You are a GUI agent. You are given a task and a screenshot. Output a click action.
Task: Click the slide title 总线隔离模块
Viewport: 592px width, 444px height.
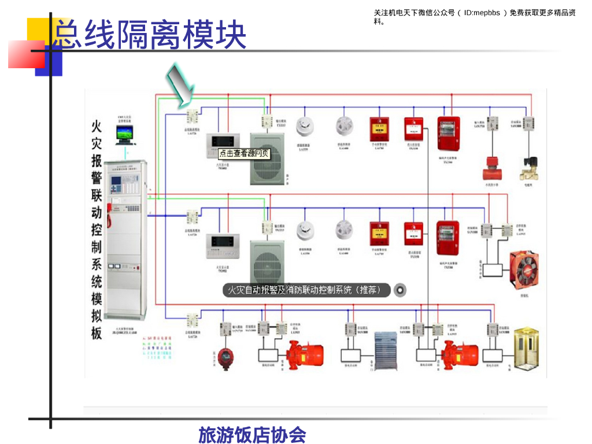point(149,34)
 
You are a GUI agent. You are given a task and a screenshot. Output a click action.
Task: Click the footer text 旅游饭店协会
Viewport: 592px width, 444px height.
point(252,435)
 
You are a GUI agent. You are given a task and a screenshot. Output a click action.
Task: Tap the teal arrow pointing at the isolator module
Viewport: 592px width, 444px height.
point(181,85)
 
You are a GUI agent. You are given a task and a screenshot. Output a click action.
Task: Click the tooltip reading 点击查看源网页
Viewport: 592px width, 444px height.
point(244,154)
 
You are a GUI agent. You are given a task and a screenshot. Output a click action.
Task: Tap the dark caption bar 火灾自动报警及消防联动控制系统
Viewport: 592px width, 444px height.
point(306,290)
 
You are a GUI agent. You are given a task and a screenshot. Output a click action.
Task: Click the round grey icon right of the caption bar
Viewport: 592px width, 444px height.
point(400,290)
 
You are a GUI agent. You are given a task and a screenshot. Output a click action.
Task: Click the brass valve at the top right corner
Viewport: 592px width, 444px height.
point(528,167)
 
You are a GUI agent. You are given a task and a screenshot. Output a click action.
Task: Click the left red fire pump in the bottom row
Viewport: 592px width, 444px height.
point(305,352)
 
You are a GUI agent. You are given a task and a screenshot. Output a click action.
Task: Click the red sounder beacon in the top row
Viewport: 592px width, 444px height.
point(448,132)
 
